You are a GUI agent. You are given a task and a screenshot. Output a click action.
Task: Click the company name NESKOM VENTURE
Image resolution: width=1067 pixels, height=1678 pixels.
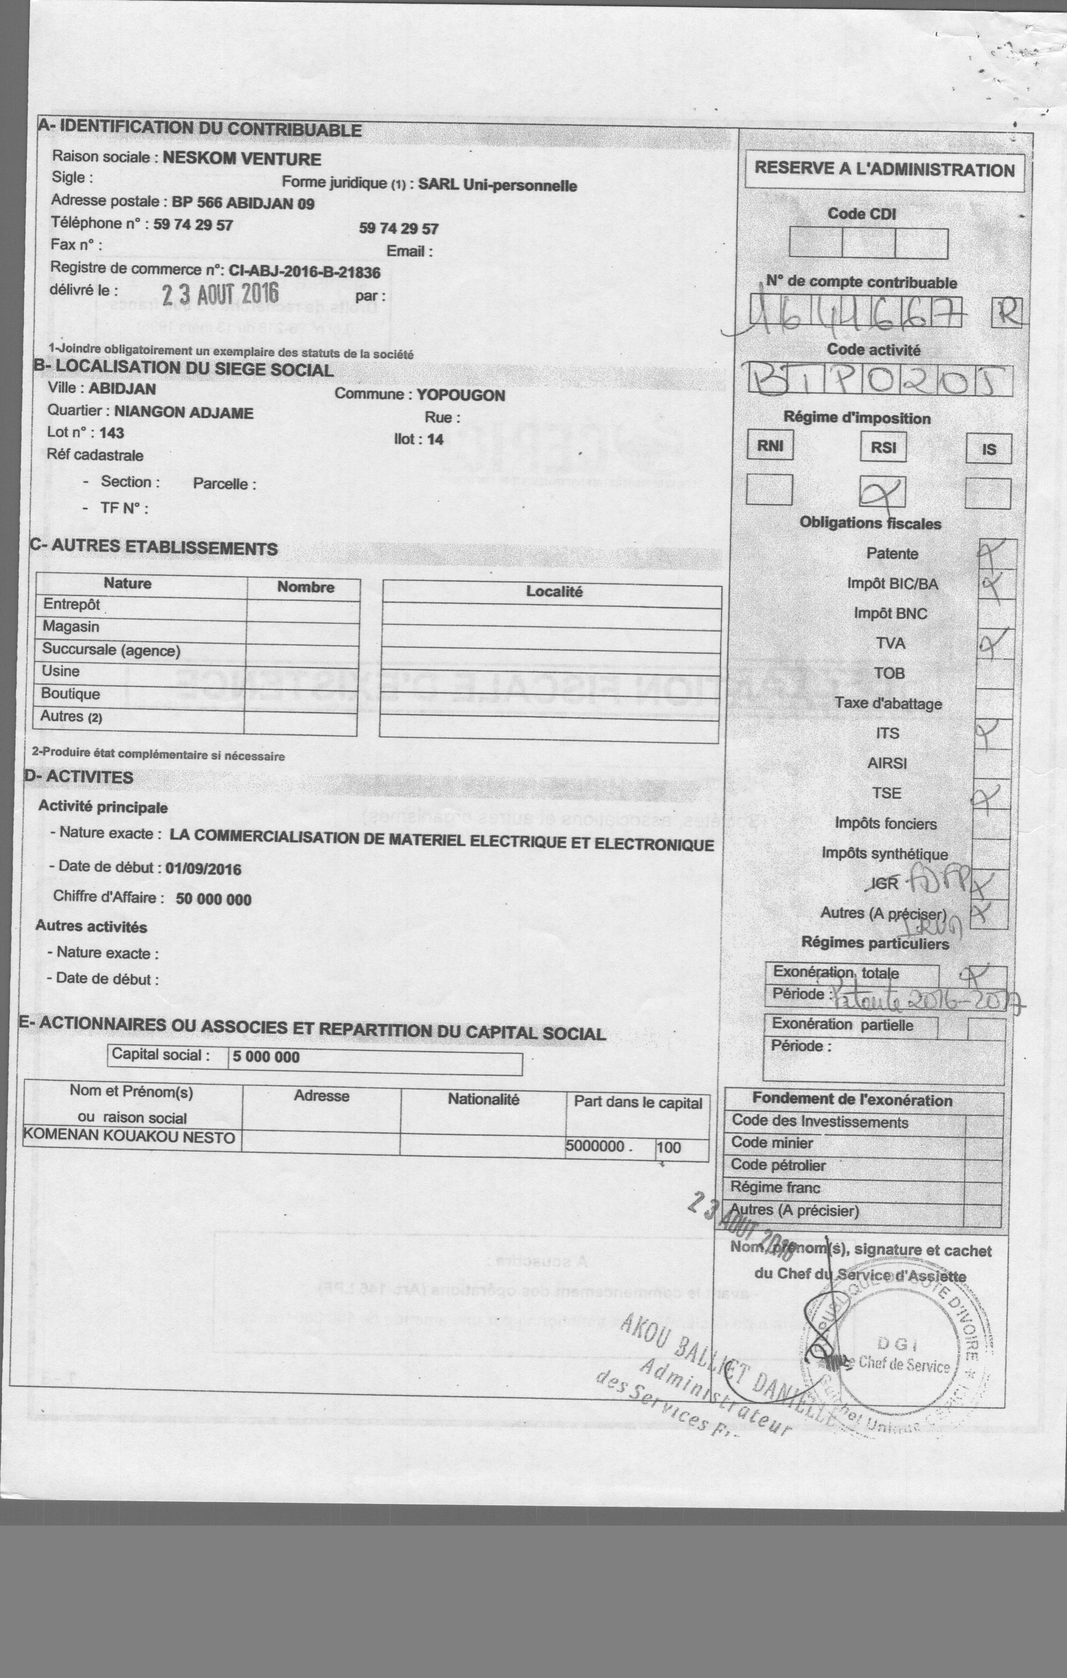(242, 159)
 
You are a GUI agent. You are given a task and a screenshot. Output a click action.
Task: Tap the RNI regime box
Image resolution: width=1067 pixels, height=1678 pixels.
(770, 446)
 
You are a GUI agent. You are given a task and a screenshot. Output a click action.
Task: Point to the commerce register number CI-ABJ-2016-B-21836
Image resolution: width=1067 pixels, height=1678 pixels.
(304, 272)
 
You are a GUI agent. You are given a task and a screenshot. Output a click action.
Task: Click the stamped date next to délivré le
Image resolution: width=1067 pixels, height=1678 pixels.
(220, 294)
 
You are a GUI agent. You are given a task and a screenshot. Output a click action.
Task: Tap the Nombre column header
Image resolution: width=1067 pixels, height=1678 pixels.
(305, 587)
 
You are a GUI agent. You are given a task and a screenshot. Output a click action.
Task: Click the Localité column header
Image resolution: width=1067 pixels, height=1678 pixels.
(554, 592)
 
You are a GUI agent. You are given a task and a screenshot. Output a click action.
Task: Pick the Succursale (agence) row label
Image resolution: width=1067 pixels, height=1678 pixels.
(111, 650)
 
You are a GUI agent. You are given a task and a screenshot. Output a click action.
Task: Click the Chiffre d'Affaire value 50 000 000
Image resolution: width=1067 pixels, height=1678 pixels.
(213, 899)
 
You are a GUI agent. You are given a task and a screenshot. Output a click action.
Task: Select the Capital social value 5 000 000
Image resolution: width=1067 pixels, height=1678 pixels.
(266, 1056)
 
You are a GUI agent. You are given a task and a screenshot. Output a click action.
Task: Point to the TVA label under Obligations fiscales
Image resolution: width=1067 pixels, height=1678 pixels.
(890, 643)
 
